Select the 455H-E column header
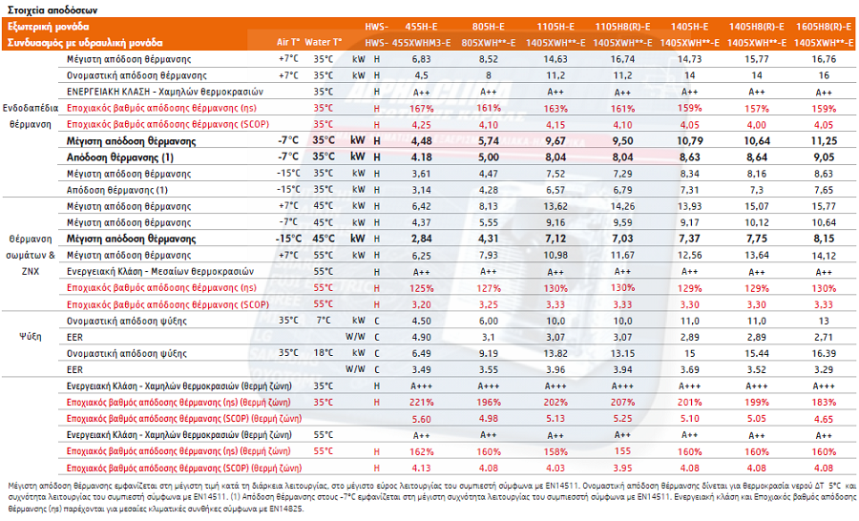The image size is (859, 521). tap(421, 27)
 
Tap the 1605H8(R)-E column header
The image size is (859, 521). tap(824, 27)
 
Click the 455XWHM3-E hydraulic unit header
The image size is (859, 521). tap(421, 43)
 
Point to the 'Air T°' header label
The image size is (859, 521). tap(288, 42)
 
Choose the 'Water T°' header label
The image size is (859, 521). tap(324, 42)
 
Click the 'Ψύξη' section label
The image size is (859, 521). tap(31, 337)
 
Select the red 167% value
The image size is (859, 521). tap(421, 109)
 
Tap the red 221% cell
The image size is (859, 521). tap(421, 402)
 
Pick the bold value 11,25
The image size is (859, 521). tap(824, 141)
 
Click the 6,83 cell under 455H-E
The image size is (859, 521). tap(421, 59)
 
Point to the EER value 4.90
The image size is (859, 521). tap(421, 337)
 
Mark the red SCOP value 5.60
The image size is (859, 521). tap(421, 419)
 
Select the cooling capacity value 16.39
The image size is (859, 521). tap(824, 353)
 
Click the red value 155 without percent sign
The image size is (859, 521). tap(622, 451)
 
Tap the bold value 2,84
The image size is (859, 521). tap(421, 239)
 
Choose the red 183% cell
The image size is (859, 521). tap(824, 402)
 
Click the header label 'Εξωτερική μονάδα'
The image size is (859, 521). tap(49, 27)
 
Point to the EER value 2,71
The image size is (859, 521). tap(824, 337)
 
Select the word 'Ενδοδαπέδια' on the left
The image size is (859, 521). tap(31, 108)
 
